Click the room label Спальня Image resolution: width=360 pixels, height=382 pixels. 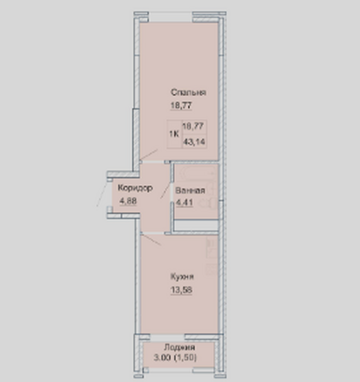pyautogui.click(x=188, y=93)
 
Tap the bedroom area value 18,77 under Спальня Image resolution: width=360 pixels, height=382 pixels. pyautogui.click(x=181, y=105)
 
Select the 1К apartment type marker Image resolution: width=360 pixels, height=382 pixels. pyautogui.click(x=174, y=134)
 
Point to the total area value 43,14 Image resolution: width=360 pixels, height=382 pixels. pyautogui.click(x=194, y=142)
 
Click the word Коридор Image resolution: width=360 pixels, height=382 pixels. pyautogui.click(x=135, y=188)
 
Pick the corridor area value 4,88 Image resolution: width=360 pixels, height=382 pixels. pyautogui.click(x=128, y=201)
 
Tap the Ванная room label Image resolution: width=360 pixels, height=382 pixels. pyautogui.click(x=190, y=190)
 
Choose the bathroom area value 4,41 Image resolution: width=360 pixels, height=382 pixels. pyautogui.click(x=184, y=202)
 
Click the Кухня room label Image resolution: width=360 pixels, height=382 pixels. pyautogui.click(x=182, y=277)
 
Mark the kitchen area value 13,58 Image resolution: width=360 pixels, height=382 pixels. pyautogui.click(x=181, y=290)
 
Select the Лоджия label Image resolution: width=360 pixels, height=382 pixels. pyautogui.click(x=180, y=347)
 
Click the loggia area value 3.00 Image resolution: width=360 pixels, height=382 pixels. pyautogui.click(x=163, y=358)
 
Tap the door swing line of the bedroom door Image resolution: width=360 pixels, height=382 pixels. pyautogui.click(x=149, y=155)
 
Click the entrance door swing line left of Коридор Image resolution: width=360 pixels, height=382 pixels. pyautogui.click(x=102, y=194)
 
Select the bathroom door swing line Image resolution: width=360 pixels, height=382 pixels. pyautogui.click(x=165, y=189)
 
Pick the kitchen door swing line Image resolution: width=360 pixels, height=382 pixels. pyautogui.click(x=151, y=239)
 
